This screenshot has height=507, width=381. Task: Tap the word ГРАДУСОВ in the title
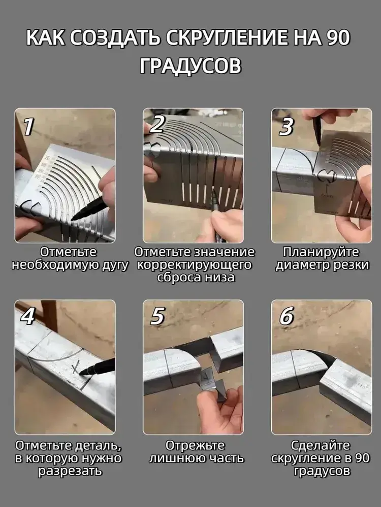click(190, 66)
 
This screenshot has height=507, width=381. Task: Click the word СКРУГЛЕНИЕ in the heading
click(223, 38)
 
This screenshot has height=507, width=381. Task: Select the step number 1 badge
click(28, 126)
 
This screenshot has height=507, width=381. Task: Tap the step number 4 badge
click(28, 315)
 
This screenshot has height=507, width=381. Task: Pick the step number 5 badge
click(158, 315)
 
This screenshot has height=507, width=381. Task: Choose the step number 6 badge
click(287, 315)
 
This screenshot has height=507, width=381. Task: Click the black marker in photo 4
click(97, 367)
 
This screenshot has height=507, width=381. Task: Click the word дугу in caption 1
click(115, 265)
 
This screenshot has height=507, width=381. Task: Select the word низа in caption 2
click(219, 278)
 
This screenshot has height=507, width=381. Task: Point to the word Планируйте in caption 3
click(321, 252)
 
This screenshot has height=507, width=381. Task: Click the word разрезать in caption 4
click(70, 472)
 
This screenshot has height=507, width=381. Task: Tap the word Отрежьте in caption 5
click(195, 446)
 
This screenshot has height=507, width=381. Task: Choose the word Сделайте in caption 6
click(321, 446)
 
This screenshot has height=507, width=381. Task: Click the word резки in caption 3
click(352, 265)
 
